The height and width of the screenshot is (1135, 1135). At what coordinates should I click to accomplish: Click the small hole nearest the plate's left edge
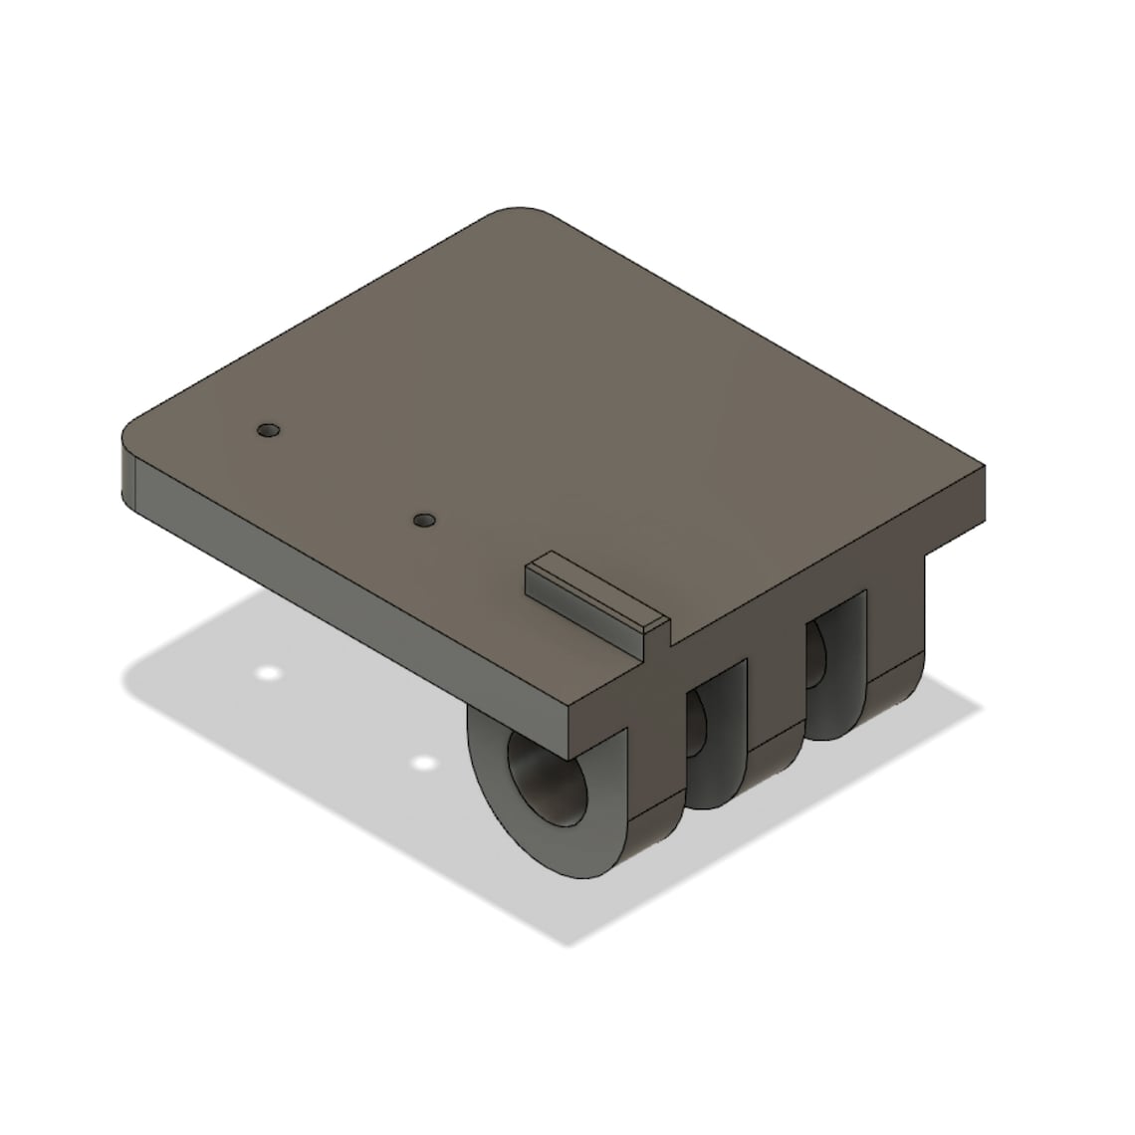(268, 431)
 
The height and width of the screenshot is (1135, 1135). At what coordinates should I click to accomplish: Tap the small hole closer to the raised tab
(425, 520)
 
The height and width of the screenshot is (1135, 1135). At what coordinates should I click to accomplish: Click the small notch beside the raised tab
(669, 634)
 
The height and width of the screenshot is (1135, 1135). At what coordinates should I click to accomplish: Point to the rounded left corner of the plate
(134, 438)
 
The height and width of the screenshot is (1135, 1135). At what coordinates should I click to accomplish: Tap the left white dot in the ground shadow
(266, 673)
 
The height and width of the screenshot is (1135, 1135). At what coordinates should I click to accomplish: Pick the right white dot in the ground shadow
(424, 764)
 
